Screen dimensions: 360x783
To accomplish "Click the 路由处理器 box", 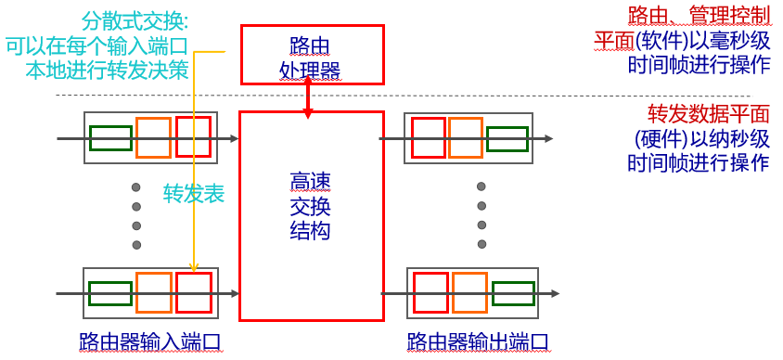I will pos(311,55).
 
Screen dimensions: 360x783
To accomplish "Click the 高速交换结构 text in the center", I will pos(311,206).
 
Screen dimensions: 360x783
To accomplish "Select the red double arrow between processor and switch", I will pos(308,97).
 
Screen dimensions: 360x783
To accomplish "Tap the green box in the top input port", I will pos(110,138).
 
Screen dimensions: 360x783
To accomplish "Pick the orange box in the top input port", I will pos(153,137).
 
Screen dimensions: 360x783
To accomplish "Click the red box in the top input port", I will pos(193,137).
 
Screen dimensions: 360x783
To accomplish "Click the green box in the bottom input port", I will pos(110,293).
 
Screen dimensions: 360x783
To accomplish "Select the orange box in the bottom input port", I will pos(153,292).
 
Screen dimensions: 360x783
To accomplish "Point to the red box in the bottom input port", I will pos(194,292).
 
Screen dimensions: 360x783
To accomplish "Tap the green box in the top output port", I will pos(507,138).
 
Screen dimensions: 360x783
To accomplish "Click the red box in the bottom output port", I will pos(430,292).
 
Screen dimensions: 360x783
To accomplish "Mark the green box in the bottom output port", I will pos(513,293).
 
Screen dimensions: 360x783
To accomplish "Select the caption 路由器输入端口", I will pos(150,342).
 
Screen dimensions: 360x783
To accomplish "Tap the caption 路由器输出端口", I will pos(479,342).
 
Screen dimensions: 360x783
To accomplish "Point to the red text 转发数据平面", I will pos(709,114).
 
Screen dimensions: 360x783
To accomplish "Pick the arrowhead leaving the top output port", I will pos(549,138).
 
